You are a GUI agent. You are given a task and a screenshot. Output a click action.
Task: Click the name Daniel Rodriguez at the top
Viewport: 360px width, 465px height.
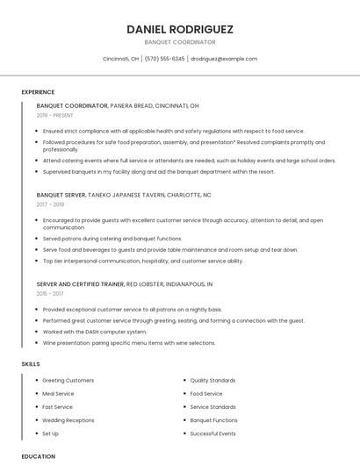coord(180,29)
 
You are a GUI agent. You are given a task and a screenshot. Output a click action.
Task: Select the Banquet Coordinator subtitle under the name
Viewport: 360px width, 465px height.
coord(180,41)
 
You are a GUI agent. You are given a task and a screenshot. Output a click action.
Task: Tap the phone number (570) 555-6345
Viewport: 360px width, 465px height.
coord(164,59)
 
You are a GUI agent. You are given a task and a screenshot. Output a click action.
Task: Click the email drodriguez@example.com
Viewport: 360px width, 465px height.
coord(224,59)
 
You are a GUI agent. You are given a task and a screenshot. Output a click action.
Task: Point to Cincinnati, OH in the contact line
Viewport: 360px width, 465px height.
coord(120,59)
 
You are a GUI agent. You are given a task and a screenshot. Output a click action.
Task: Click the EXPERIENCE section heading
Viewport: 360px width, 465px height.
coord(38,92)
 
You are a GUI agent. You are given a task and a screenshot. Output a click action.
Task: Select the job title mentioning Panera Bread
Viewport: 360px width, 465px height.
coord(118,105)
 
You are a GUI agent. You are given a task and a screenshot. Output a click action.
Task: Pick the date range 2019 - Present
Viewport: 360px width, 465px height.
coord(55,115)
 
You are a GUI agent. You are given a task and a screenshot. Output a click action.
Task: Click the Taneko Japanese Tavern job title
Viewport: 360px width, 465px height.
coord(124,195)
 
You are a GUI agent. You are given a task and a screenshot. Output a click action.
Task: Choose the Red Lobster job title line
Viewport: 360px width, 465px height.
coord(125,284)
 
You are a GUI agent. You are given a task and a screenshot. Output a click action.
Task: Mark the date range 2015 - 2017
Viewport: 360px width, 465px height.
coord(50,294)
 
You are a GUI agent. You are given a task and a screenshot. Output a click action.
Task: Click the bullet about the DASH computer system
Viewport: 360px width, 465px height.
coord(95,332)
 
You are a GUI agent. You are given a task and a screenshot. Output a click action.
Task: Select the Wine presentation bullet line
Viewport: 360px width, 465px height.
coord(128,343)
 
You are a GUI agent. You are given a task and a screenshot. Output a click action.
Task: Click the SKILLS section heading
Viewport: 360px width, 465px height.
coord(31,363)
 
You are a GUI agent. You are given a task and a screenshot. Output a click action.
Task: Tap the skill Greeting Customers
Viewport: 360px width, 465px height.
coord(68,381)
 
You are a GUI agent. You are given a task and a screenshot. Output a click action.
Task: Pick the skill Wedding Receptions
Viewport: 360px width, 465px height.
coord(68,420)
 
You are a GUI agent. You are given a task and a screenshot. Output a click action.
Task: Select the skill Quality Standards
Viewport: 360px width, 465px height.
coord(212,381)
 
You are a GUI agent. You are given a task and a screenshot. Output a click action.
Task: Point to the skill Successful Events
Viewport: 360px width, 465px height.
coord(213,433)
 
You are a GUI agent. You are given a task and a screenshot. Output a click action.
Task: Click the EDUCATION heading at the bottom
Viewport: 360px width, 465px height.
coord(39,456)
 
